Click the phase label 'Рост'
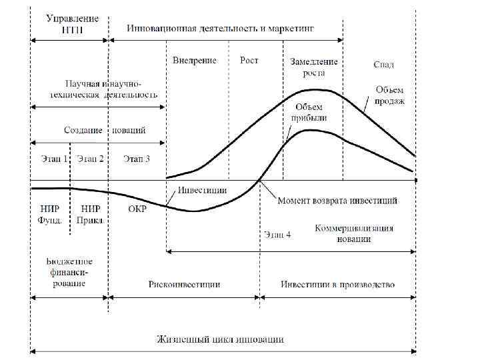pyautogui.click(x=249, y=60)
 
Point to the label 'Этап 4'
pyautogui.click(x=277, y=234)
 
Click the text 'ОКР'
pyautogui.click(x=137, y=209)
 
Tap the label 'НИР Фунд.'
pyautogui.click(x=50, y=213)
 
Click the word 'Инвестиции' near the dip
pyautogui.click(x=202, y=189)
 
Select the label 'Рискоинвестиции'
pyautogui.click(x=183, y=284)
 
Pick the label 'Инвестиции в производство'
pyautogui.click(x=337, y=284)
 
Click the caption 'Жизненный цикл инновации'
pyautogui.click(x=221, y=339)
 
